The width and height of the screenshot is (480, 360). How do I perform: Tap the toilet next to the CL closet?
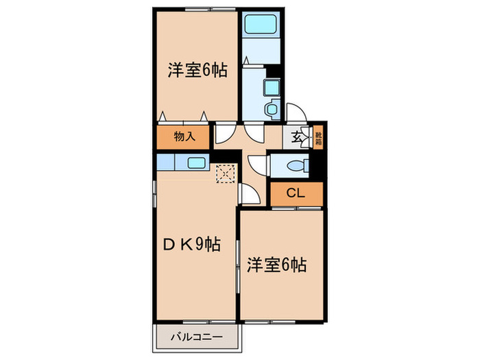296,165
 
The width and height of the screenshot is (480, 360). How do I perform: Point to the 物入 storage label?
183,136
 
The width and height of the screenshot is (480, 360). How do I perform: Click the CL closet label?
295,193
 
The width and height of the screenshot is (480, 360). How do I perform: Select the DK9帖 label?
191,244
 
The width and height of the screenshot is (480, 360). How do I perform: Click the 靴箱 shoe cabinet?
319,136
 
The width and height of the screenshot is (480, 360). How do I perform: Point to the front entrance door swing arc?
298,114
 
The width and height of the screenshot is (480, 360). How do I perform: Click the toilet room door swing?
258,165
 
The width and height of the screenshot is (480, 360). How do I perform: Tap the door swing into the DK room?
249,194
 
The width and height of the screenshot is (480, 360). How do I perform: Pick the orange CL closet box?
295,194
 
